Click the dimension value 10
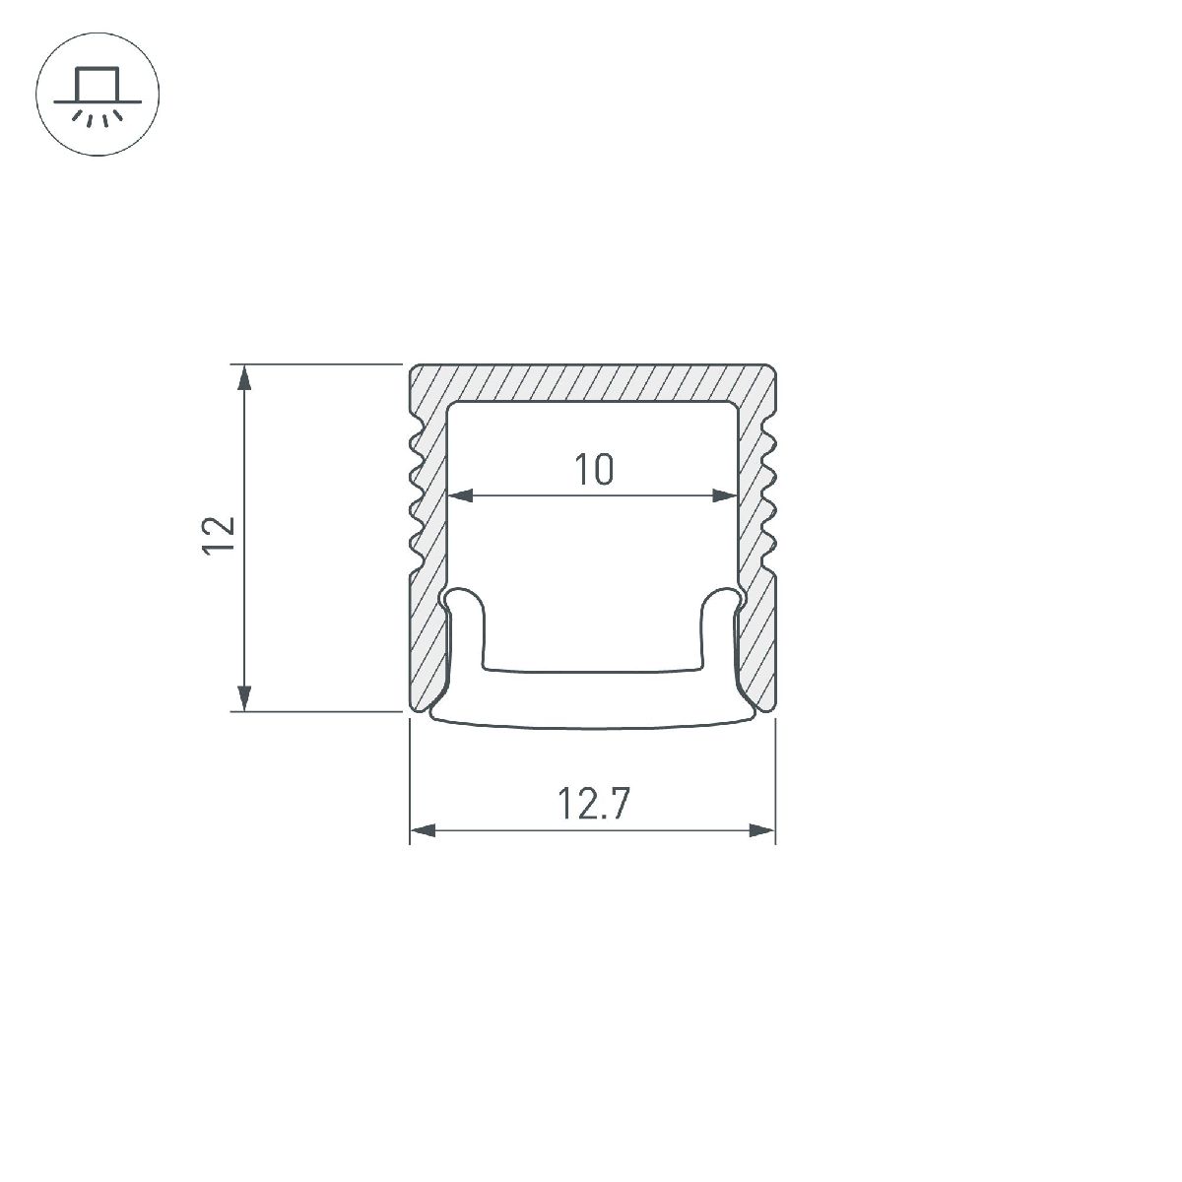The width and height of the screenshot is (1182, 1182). coord(594,470)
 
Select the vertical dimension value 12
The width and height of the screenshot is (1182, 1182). coord(220,537)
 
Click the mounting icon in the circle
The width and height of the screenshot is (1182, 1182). coord(98,97)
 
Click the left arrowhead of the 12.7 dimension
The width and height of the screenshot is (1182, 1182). coord(423,830)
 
